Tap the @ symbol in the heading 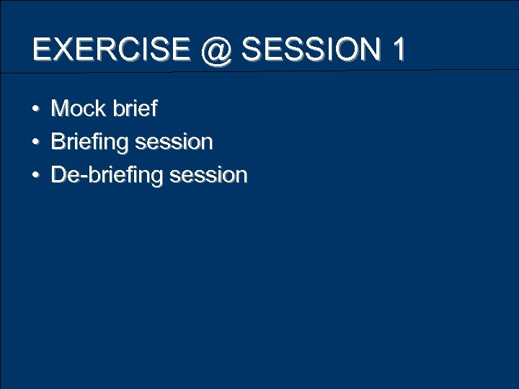(214, 50)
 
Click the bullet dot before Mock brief (35, 109)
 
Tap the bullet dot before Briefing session (35, 142)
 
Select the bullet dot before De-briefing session (35, 175)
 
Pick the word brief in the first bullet (134, 109)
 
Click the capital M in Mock (60, 109)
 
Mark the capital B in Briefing (58, 142)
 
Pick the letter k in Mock (100, 109)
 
